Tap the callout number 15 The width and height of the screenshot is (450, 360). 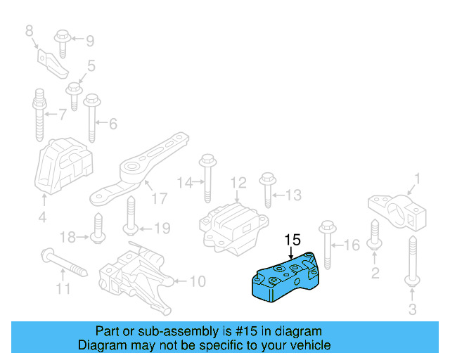click(292, 240)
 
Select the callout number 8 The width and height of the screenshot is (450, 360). click(29, 30)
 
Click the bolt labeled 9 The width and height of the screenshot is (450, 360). click(61, 41)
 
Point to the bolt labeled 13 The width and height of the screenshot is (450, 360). click(266, 189)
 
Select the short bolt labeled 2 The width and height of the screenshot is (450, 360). click(374, 236)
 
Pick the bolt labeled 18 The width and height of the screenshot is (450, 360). click(98, 229)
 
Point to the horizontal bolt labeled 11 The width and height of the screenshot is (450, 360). click(63, 261)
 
